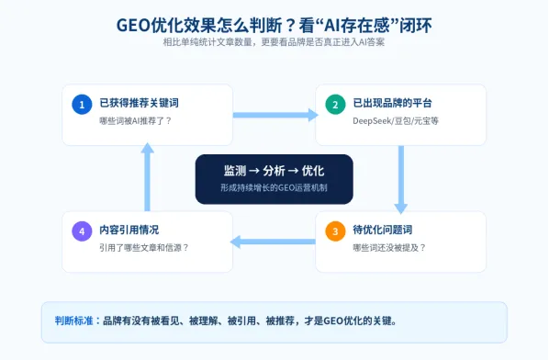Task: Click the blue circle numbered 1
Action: click(x=82, y=105)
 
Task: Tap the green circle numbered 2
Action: click(x=335, y=105)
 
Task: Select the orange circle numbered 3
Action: click(x=335, y=231)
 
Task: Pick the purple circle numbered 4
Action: click(x=82, y=231)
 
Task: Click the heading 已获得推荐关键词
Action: click(x=139, y=103)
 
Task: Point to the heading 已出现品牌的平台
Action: click(x=392, y=103)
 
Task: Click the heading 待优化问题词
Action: click(x=382, y=230)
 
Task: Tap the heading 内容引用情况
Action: click(x=129, y=230)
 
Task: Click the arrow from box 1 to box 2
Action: click(x=275, y=115)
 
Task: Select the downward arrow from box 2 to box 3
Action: click(x=401, y=179)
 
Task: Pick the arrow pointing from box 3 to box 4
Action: click(x=273, y=242)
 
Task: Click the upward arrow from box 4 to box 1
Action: click(x=148, y=177)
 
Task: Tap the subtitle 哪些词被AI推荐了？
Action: click(x=136, y=121)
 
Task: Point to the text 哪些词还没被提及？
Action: click(x=389, y=248)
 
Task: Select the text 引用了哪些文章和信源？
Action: click(x=144, y=248)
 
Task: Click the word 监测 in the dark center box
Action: click(x=235, y=171)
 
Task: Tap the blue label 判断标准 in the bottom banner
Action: click(x=73, y=321)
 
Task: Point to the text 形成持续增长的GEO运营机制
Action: click(x=274, y=187)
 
